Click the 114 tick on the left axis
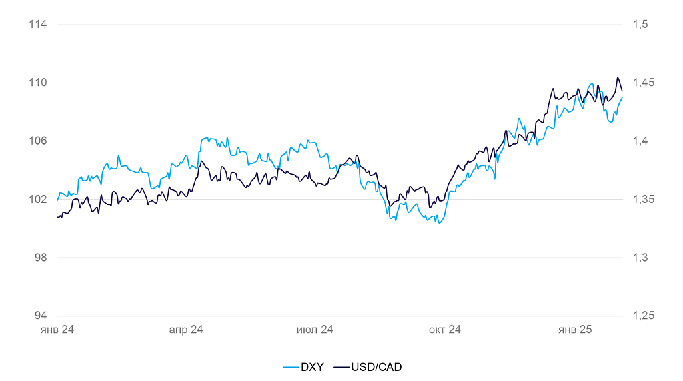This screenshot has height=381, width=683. coord(38,25)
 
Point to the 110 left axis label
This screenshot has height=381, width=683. coord(38,83)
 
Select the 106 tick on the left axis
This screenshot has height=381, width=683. coord(38,141)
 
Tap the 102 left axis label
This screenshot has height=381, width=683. coord(38,199)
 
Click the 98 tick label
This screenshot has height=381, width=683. coord(40,258)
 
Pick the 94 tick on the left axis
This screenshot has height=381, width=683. coord(40,316)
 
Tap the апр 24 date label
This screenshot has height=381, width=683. coord(186,330)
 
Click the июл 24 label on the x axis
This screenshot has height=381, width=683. coord(315,330)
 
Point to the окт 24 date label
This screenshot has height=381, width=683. coord(445,330)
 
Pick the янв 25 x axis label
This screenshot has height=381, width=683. coord(575,330)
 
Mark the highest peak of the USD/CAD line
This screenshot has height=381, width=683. coord(618,78)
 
